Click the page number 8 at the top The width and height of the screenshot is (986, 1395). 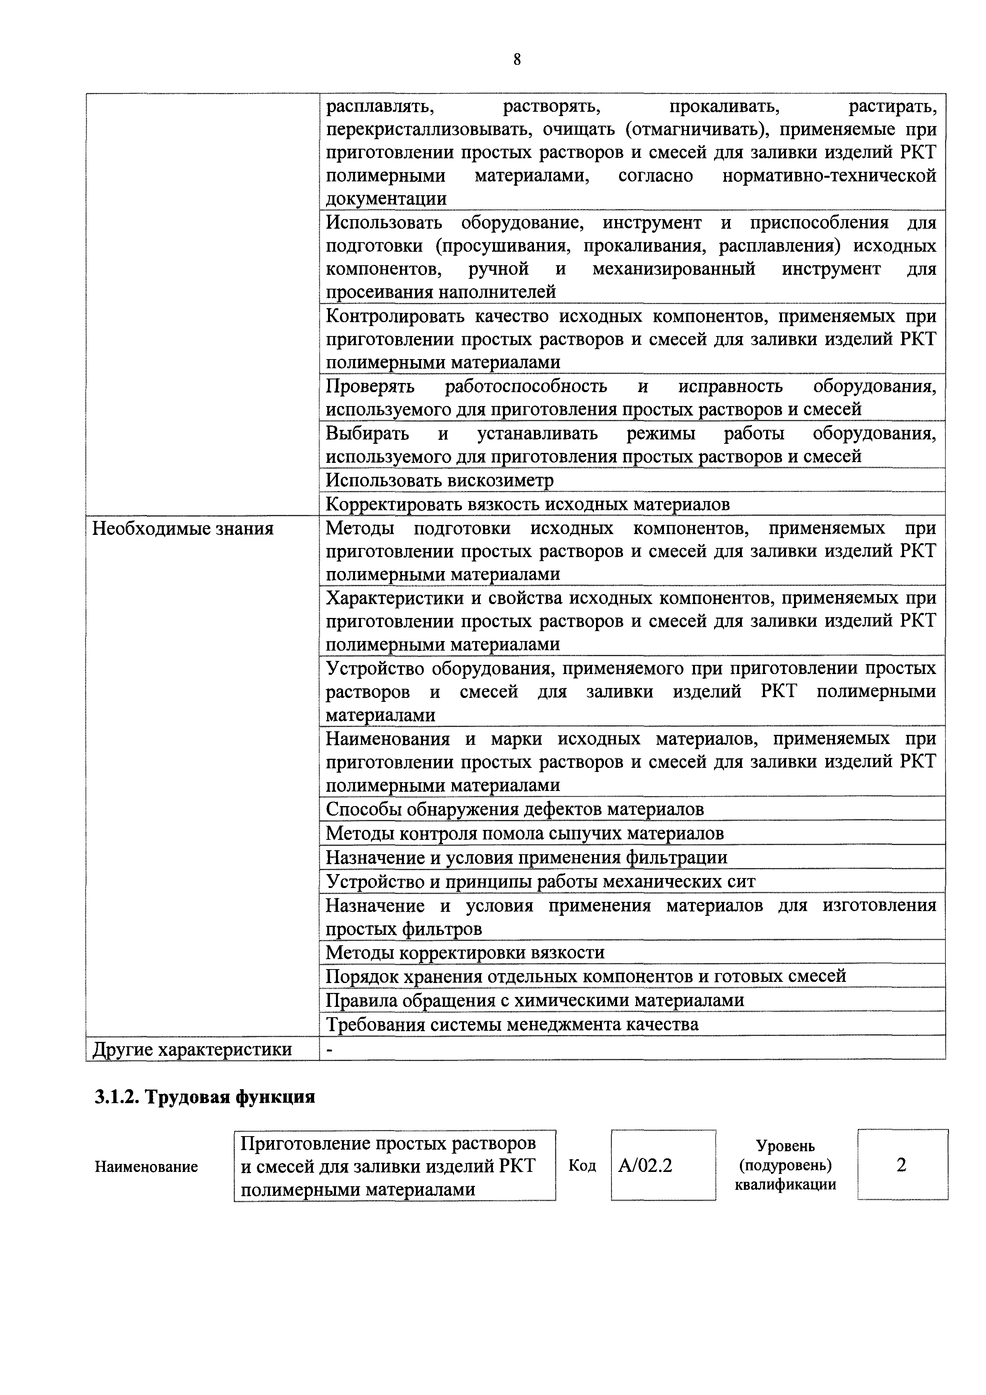[517, 60]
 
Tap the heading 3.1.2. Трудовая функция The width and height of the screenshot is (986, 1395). [205, 1097]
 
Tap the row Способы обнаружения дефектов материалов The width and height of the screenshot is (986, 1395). [514, 809]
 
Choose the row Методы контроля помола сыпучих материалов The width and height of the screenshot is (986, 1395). [524, 833]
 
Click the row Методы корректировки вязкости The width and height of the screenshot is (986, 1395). [465, 952]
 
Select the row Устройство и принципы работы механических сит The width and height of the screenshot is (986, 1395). [540, 881]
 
